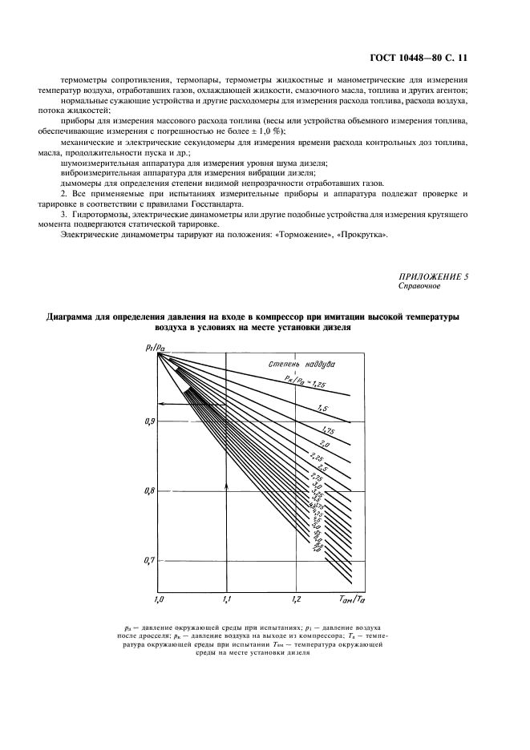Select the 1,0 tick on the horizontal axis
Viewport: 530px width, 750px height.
(x=158, y=599)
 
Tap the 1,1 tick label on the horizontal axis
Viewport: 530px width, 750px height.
(x=227, y=599)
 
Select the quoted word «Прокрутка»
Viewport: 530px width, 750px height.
(x=362, y=235)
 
